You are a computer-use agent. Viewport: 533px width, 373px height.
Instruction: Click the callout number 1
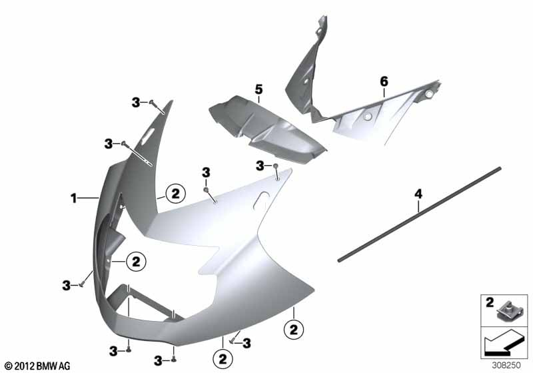coord(73,198)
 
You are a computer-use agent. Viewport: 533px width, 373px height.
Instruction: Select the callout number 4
coord(418,194)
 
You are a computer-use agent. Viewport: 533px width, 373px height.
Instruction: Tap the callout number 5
coord(259,90)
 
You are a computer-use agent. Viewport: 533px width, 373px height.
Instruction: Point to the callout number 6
coord(384,81)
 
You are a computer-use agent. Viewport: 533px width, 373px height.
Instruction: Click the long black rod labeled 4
coord(420,214)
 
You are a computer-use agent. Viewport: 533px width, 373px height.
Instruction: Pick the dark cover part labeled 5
coord(267,130)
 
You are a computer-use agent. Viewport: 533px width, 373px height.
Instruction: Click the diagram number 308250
coord(506,365)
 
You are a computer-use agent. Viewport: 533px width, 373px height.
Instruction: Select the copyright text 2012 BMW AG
coord(38,366)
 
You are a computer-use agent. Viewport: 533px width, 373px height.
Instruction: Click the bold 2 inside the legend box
coord(490,302)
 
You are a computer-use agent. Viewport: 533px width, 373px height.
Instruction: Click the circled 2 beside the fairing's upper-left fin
coord(175,194)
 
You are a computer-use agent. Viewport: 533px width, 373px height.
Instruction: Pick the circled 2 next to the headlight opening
coord(136,262)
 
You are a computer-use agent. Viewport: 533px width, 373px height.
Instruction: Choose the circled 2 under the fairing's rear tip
coord(294,330)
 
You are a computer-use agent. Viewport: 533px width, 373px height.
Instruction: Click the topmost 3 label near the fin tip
coord(136,103)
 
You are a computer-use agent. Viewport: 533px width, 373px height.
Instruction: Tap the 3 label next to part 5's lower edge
coord(260,166)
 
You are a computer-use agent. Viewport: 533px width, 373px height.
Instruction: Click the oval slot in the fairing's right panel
coord(262,198)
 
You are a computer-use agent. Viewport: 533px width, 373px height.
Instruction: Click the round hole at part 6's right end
coord(429,94)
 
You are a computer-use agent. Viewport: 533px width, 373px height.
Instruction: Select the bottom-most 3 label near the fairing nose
coord(158,361)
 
